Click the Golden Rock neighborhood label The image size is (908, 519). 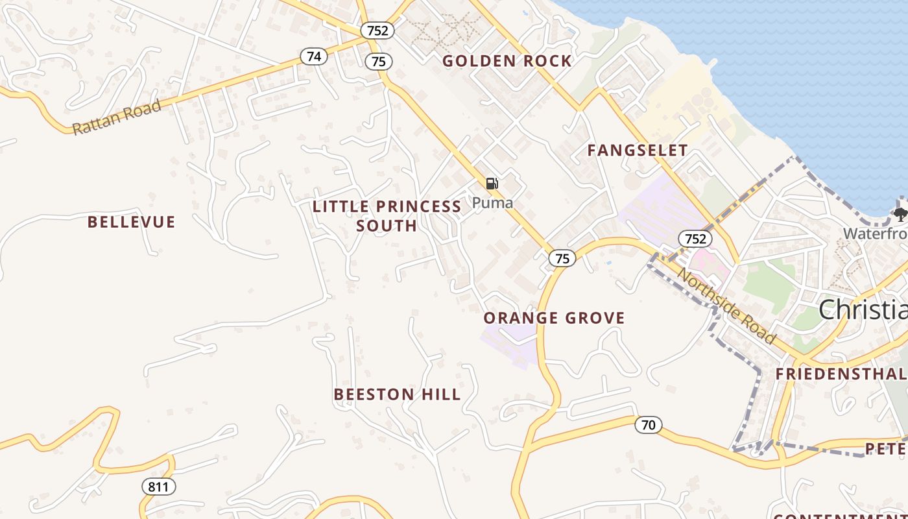(507, 61)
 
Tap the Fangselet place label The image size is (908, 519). (637, 151)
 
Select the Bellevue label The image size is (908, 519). (132, 223)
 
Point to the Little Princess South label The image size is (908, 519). (387, 216)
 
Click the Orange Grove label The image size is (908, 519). (554, 318)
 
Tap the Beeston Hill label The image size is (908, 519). (397, 394)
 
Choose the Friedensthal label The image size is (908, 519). (841, 374)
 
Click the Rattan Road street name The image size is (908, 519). (117, 117)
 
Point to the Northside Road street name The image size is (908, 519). (726, 305)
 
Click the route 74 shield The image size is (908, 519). (314, 56)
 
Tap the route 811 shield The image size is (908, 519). (159, 486)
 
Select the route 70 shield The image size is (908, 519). (648, 425)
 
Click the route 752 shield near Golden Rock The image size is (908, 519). (377, 30)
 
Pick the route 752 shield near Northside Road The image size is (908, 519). (695, 239)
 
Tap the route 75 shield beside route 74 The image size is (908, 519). (379, 62)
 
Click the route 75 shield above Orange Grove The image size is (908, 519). (562, 258)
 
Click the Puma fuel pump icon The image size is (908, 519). (492, 184)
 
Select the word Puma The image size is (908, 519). (492, 203)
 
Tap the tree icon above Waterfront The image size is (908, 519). (900, 214)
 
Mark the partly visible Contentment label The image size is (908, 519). (841, 516)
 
